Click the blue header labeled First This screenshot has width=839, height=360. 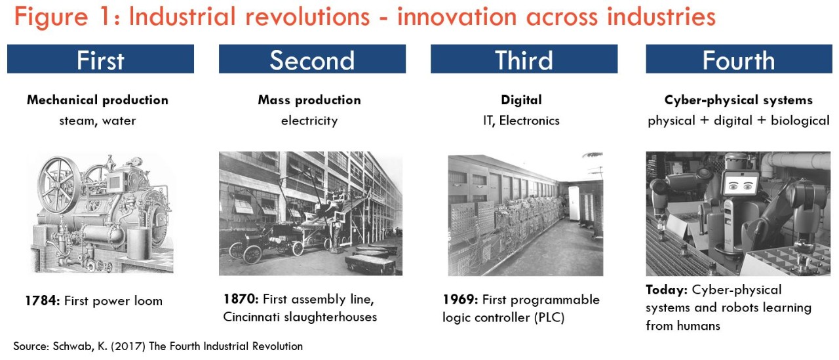point(100,59)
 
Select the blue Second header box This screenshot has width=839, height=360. point(312,59)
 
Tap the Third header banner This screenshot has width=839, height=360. point(524,59)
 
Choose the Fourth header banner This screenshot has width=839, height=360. point(739,59)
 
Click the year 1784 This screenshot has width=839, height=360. point(43,302)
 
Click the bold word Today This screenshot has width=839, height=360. point(666,290)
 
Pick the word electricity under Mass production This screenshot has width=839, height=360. point(309,121)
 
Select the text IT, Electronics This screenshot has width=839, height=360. point(521,121)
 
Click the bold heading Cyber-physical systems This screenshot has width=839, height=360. point(738,100)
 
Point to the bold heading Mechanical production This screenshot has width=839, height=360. point(98,100)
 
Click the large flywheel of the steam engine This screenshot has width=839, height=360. point(60,186)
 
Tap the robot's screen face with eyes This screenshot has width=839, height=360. point(740,185)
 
